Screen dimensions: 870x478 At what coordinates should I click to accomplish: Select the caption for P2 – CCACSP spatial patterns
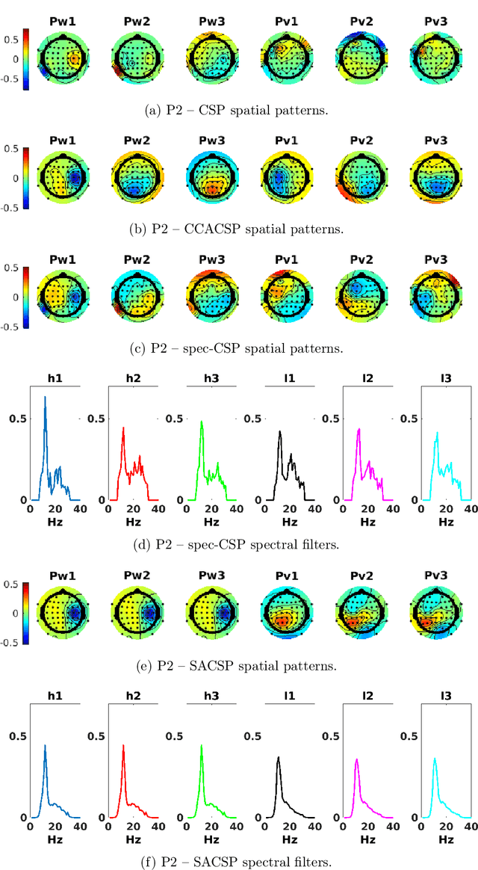pyautogui.click(x=239, y=229)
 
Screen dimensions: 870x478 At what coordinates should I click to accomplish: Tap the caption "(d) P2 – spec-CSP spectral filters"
pyautogui.click(x=239, y=545)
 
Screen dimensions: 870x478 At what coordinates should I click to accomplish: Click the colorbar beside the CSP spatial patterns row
pyautogui.click(x=26, y=59)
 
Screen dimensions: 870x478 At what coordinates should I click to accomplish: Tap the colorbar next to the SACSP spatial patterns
pyautogui.click(x=26, y=613)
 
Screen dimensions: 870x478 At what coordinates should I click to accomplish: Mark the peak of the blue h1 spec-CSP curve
pyautogui.click(x=44, y=397)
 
